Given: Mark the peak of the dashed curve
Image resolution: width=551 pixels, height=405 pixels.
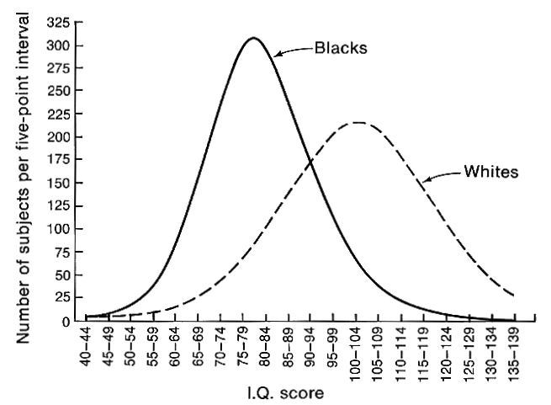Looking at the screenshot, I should [358, 122].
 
